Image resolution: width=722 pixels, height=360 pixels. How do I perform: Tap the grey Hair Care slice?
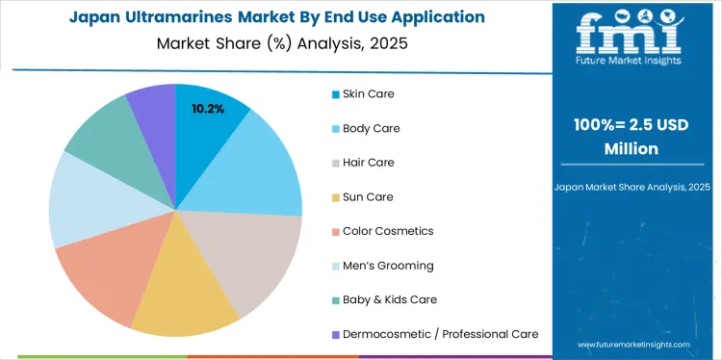(x=255, y=255)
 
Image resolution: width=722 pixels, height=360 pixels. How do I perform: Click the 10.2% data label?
(x=208, y=109)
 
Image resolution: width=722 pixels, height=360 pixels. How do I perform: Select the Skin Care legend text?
(x=369, y=93)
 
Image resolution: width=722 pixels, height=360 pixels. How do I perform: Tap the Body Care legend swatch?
(x=335, y=128)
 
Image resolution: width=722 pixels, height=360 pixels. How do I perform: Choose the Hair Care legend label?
(x=369, y=163)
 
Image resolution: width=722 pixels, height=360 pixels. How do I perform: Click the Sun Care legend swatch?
(x=335, y=197)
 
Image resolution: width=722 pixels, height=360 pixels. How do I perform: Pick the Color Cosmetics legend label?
(x=388, y=231)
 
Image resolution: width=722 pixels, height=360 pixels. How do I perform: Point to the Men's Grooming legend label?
(x=388, y=266)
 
